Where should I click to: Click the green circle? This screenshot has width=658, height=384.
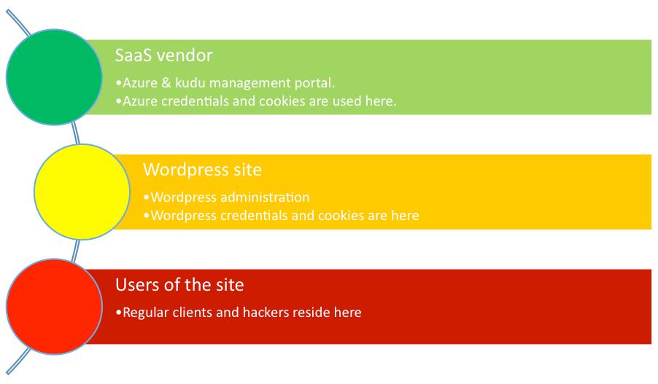click(54, 77)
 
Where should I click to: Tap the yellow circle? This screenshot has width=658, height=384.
click(82, 192)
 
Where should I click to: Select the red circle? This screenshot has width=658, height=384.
click(54, 307)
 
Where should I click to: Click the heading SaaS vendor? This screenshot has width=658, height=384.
click(163, 55)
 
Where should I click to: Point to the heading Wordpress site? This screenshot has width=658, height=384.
click(202, 170)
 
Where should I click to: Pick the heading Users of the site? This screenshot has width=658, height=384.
click(179, 285)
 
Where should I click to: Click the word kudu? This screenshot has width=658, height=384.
click(190, 82)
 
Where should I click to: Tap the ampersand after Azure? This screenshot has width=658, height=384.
click(166, 82)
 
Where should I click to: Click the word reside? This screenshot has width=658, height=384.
click(311, 313)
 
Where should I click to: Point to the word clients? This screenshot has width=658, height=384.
click(193, 313)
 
